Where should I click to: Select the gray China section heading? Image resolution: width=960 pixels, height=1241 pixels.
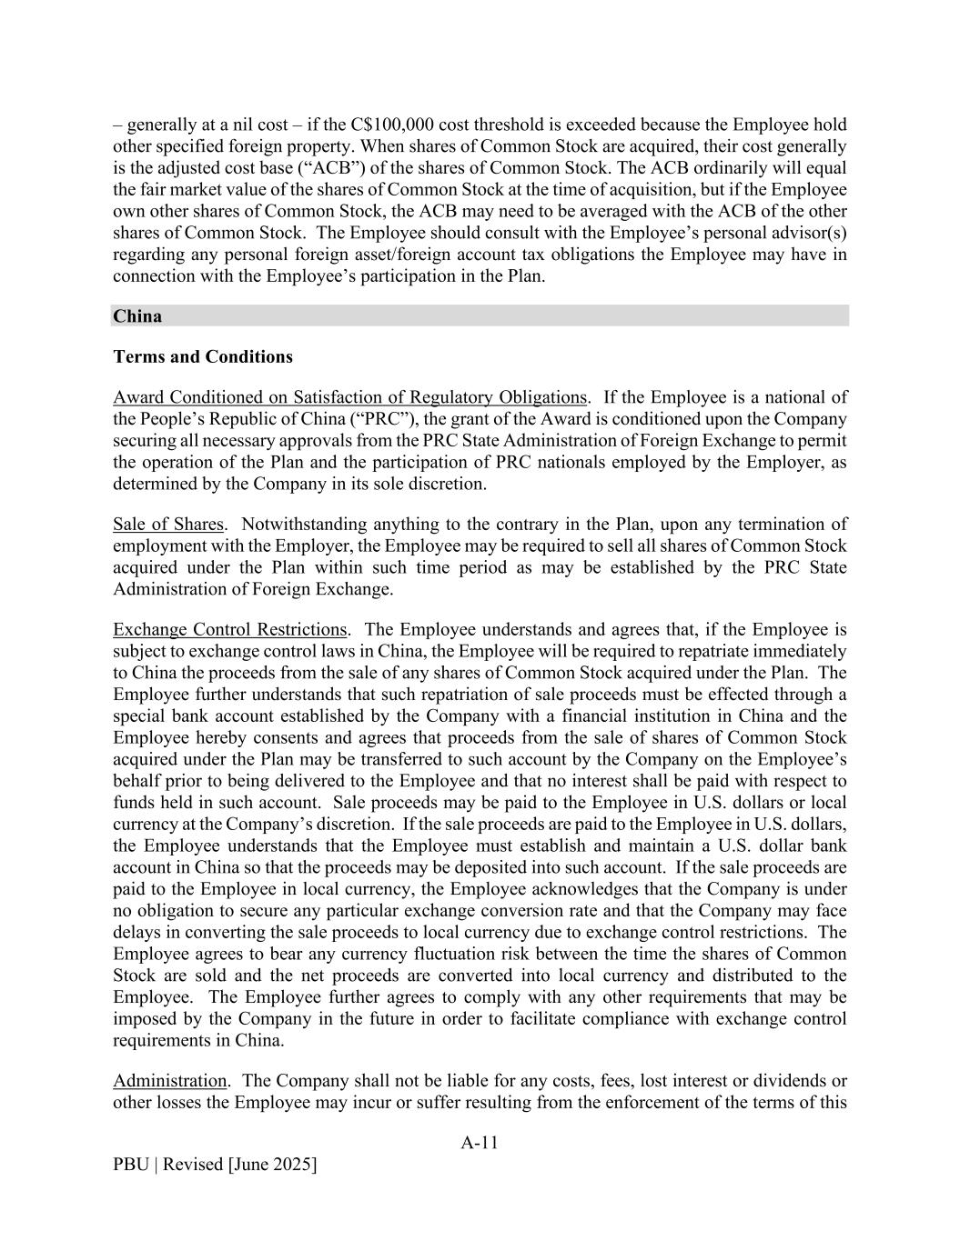(137, 316)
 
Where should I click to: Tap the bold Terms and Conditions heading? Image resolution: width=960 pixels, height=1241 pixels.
(203, 356)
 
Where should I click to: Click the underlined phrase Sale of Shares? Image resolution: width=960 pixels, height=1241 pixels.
(167, 525)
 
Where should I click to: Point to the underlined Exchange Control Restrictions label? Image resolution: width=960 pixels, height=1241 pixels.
(229, 630)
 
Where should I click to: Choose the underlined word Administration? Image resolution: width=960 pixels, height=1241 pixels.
(169, 1081)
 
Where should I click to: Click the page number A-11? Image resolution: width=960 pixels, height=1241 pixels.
(480, 1143)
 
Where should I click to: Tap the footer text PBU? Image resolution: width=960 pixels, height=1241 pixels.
(131, 1165)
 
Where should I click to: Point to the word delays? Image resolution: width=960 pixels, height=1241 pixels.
(134, 933)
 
